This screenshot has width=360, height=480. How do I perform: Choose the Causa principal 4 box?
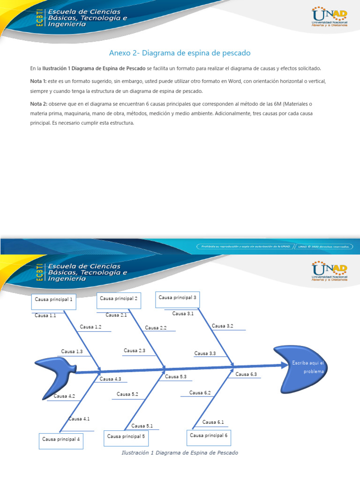pyautogui.click(x=61, y=441)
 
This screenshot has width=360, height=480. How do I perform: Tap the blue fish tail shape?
pyautogui.click(x=56, y=375)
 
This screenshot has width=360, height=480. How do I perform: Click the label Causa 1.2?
pyautogui.click(x=90, y=327)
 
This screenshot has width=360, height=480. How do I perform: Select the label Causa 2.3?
pyautogui.click(x=135, y=351)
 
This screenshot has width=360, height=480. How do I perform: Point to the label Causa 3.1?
pyautogui.click(x=183, y=314)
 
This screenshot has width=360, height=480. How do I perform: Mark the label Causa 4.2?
pyautogui.click(x=64, y=396)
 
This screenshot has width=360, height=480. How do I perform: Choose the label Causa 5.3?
pyautogui.click(x=176, y=376)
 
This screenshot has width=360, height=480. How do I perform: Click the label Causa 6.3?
pyautogui.click(x=246, y=374)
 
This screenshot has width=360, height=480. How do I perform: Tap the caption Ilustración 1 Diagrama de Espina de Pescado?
pyautogui.click(x=180, y=453)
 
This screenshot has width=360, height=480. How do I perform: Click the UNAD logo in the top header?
pyautogui.click(x=329, y=17)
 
